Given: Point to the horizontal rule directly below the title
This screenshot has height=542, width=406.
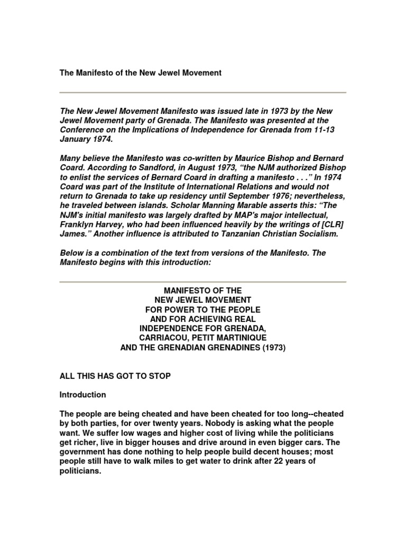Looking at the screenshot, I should point(203,93).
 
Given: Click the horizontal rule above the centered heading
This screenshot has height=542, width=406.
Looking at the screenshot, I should point(203,282).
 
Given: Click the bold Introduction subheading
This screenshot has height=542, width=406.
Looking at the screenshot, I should point(83,395).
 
